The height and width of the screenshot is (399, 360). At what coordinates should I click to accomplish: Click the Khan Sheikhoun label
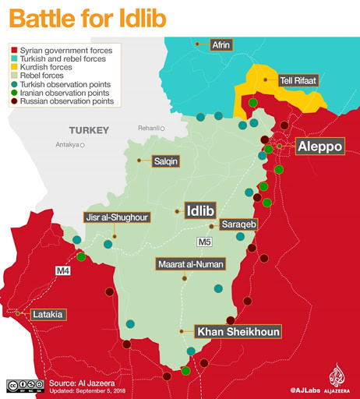pos(238,331)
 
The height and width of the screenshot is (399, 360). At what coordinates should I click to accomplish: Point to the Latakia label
pos(49,315)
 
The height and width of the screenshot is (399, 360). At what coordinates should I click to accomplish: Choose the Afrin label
pos(221,45)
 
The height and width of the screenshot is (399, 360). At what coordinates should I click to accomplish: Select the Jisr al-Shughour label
pos(118,217)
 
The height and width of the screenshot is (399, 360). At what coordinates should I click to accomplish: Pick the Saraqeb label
pos(238,224)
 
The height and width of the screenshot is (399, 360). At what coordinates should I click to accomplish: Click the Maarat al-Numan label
pos(191,263)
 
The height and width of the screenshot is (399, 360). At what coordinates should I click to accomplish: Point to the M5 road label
pos(204,241)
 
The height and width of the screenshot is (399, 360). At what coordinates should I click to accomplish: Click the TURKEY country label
pos(88,129)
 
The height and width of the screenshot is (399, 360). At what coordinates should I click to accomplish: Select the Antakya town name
pos(68,144)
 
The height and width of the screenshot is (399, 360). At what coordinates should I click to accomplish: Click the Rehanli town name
pos(148,128)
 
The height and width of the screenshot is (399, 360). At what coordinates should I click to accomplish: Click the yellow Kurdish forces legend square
pos(14,67)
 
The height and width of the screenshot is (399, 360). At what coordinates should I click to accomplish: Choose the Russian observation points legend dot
pos(14,101)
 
